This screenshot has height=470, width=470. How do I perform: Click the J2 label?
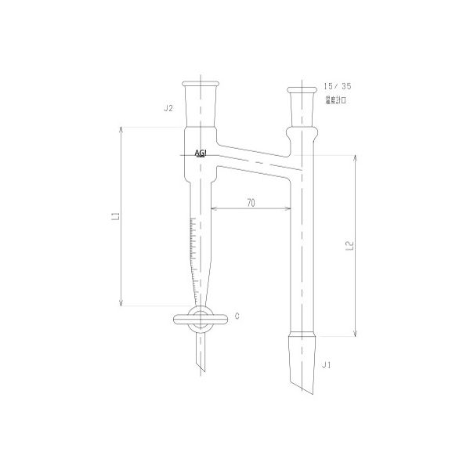[x=168, y=108]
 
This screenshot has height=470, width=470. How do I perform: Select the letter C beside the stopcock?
[x=236, y=316]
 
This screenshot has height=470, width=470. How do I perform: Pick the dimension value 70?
[x=250, y=202]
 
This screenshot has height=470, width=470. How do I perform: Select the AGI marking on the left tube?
[x=199, y=154]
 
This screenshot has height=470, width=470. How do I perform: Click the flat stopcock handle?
[x=185, y=319]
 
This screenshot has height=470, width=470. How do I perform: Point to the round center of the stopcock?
[x=202, y=319]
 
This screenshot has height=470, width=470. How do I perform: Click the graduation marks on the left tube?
[x=193, y=243]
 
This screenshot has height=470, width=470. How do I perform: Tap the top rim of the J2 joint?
[x=201, y=82]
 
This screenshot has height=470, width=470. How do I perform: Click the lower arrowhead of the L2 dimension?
[x=356, y=334]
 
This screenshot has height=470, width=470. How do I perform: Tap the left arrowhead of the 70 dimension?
[x=214, y=208]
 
